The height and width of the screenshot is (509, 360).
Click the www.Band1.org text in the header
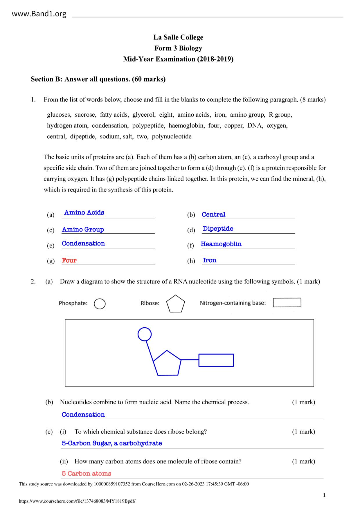coord(39,14)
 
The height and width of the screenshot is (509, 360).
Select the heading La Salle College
coord(178,37)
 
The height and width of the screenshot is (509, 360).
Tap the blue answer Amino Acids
coord(84,212)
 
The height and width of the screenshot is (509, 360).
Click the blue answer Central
coord(213,214)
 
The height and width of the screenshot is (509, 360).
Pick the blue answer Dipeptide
coord(218,229)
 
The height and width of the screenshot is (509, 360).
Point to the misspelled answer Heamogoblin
coord(221,244)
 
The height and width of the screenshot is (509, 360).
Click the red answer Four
coord(69,260)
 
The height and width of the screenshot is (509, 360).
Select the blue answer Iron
coord(210,260)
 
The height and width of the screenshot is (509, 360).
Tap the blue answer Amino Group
coord(83,230)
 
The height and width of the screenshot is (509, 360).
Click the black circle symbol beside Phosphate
coord(100,304)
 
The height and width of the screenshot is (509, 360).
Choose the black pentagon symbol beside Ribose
coord(175,304)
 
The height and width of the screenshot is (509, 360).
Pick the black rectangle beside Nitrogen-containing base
coord(287,303)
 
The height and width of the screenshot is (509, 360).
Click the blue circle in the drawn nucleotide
coord(144,334)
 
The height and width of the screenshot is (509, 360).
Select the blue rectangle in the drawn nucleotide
coord(216,360)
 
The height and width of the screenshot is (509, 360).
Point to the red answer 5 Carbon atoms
coord(87,474)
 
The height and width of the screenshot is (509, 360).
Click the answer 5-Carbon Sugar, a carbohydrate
coord(112,443)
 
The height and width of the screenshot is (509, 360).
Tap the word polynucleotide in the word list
coord(172,136)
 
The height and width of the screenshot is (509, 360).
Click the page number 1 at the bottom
coord(324,495)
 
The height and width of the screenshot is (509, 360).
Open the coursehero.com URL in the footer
coord(77,501)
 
